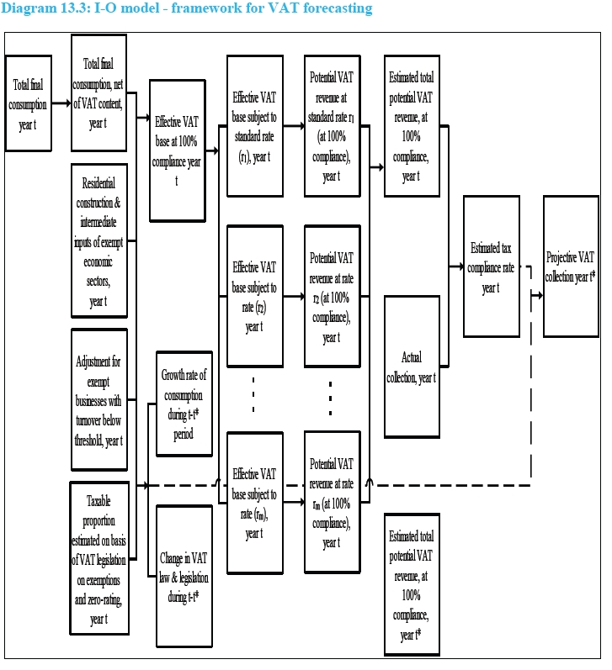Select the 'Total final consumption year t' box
[x=28, y=103]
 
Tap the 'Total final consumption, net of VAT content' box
[x=98, y=92]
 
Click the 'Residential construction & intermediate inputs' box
[x=98, y=240]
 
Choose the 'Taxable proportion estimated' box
[x=98, y=559]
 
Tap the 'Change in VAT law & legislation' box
[x=184, y=576]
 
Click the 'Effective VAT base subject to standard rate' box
[x=254, y=126]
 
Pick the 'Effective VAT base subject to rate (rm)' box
[x=254, y=503]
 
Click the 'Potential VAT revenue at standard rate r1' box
[x=332, y=126]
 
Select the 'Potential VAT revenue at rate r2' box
[x=332, y=297]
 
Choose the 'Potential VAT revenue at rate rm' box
[x=332, y=503]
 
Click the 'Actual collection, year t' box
[x=412, y=367]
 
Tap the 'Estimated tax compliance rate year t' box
[x=491, y=266]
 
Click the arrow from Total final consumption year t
[x=61, y=103]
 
